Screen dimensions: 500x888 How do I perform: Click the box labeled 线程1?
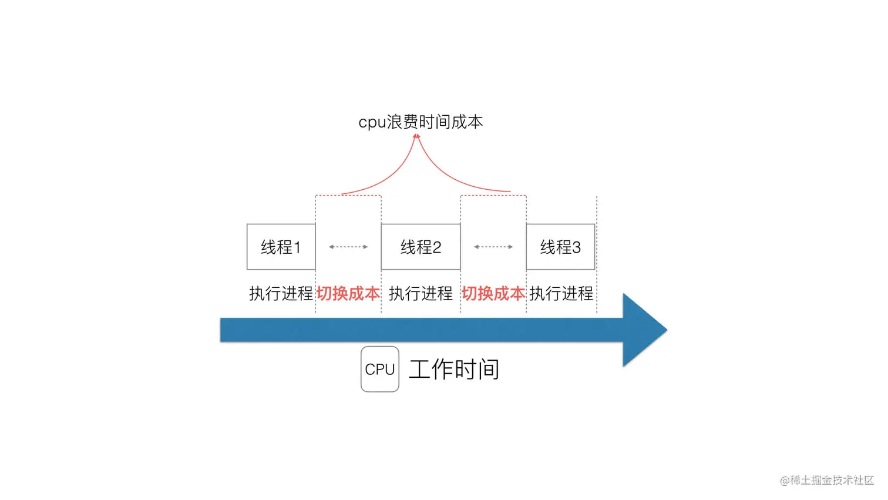click(x=281, y=247)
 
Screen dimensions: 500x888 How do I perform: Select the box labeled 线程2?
click(x=421, y=247)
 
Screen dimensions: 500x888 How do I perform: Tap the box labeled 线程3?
click(x=560, y=247)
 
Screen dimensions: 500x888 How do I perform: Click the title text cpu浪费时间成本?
click(x=421, y=122)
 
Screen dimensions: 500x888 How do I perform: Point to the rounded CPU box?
click(x=380, y=369)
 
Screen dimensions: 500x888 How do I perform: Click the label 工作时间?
click(x=454, y=370)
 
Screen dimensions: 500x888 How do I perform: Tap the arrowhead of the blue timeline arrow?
click(x=644, y=330)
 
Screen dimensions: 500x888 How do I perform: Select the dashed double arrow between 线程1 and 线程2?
click(x=348, y=247)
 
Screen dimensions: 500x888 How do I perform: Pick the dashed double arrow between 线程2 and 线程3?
click(x=493, y=247)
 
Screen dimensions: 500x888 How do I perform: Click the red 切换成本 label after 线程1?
click(x=348, y=293)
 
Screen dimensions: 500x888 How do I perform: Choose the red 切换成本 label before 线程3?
click(x=493, y=293)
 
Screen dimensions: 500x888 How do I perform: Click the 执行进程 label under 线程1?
click(x=281, y=293)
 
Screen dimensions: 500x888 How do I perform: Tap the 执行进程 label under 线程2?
click(x=421, y=293)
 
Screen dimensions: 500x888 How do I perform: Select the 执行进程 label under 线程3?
click(x=561, y=293)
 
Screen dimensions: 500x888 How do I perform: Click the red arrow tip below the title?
click(x=416, y=137)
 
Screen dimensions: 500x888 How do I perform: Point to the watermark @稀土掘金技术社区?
click(x=827, y=480)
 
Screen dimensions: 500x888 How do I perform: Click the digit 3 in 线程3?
click(x=576, y=247)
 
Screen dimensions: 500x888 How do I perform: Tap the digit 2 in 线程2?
click(x=436, y=247)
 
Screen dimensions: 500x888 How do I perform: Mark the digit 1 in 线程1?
click(x=297, y=247)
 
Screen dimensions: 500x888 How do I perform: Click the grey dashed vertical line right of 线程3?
click(x=597, y=253)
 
